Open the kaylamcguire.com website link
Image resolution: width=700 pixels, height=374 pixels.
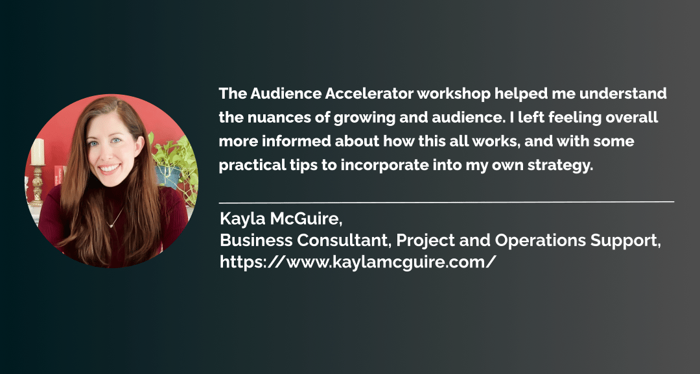358,262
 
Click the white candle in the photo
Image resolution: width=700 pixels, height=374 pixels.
38,152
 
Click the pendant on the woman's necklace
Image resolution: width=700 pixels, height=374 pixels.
110,225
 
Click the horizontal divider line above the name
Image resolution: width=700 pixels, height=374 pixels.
447,202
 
